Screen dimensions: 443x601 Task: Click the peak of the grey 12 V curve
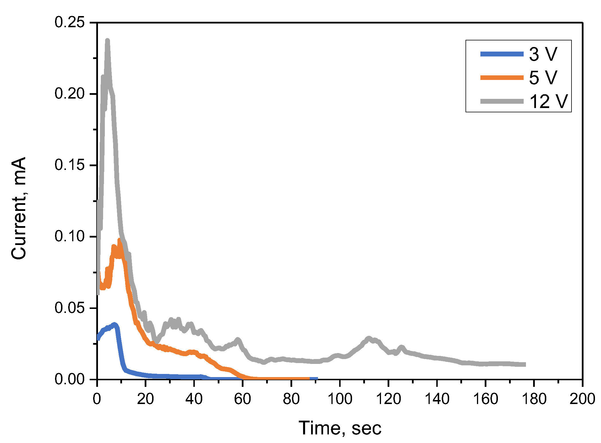pyautogui.click(x=107, y=41)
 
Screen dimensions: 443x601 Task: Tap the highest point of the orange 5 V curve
pyautogui.click(x=119, y=240)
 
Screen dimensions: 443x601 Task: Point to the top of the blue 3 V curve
pyautogui.click(x=115, y=324)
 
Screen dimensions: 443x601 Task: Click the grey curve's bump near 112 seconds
pyautogui.click(x=369, y=338)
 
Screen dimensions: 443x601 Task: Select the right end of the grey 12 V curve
pyautogui.click(x=525, y=364)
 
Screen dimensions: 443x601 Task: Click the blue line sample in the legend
pyautogui.click(x=502, y=54)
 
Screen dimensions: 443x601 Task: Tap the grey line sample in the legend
pyautogui.click(x=502, y=101)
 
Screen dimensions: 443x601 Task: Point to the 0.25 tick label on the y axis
pyautogui.click(x=70, y=22)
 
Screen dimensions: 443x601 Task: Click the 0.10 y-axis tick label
pyautogui.click(x=70, y=236)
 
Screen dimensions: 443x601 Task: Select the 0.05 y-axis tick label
pyautogui.click(x=70, y=308)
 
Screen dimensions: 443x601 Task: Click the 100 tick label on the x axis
pyautogui.click(x=340, y=399)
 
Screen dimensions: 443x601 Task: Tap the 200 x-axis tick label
pyautogui.click(x=582, y=399)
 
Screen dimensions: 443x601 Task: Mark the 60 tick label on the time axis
pyautogui.click(x=243, y=399)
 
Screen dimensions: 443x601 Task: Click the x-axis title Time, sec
pyautogui.click(x=340, y=428)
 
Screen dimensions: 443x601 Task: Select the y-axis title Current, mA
pyautogui.click(x=19, y=208)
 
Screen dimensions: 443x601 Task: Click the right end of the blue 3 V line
pyautogui.click(x=317, y=379)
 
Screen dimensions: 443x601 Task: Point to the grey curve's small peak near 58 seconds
pyautogui.click(x=237, y=340)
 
